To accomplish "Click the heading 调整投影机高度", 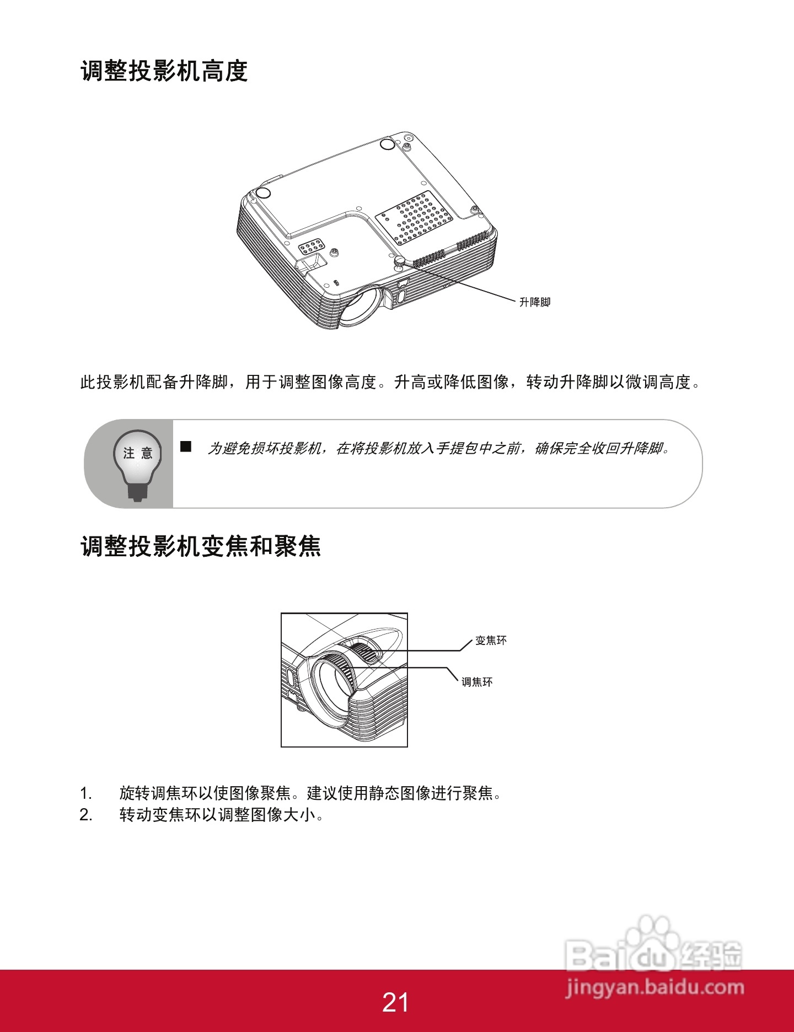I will (x=164, y=71).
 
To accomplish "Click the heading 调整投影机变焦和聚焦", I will (x=201, y=546).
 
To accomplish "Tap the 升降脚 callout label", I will (x=534, y=302).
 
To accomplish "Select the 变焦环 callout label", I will (x=491, y=641).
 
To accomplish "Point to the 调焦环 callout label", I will (x=477, y=682).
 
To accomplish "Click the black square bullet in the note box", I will (x=186, y=447).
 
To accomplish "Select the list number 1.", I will (x=85, y=793).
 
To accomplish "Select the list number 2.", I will (x=85, y=815).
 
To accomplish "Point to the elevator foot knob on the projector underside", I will (x=400, y=261).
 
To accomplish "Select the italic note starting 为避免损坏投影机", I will (x=438, y=449).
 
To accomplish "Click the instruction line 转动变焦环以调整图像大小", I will (x=221, y=815).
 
